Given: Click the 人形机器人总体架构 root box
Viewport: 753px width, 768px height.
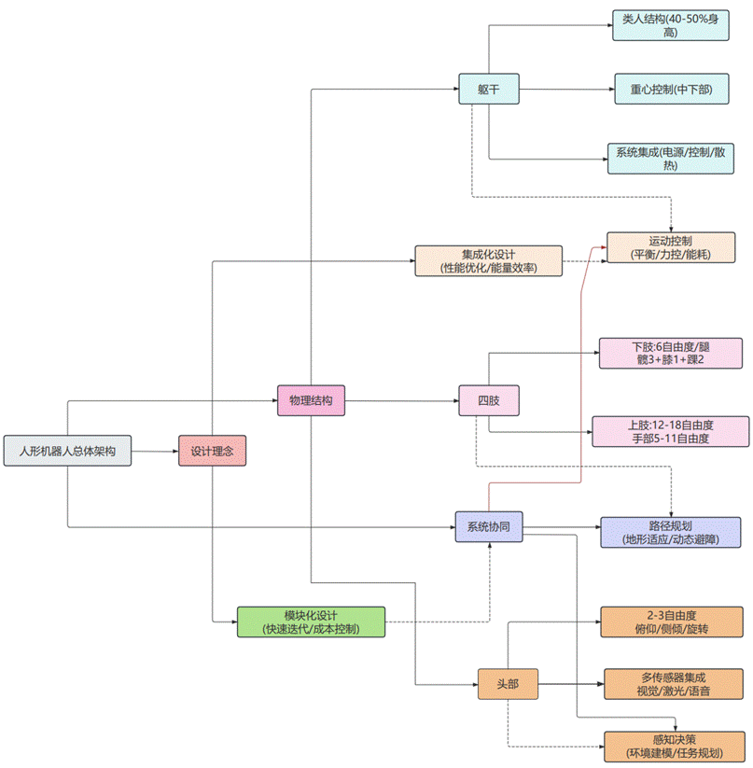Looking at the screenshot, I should point(67,451).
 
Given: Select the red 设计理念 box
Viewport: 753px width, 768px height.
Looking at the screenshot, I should point(212,452).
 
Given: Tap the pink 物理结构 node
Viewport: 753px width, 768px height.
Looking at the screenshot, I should point(311,401).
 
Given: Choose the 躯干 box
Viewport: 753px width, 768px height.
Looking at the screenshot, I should point(488,90).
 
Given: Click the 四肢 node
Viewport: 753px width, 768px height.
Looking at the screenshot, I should point(488,401).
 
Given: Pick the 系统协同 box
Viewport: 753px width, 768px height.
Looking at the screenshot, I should point(488,527).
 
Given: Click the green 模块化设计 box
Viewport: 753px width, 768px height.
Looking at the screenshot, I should point(311,621).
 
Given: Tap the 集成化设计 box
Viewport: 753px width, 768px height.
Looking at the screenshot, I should point(489,261).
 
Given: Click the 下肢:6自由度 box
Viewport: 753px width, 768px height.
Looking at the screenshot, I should point(670,353).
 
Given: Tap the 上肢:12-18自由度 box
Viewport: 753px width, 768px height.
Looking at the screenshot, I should point(670,431).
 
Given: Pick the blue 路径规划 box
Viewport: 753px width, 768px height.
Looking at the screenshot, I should point(671,532).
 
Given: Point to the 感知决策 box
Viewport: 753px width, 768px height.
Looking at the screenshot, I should point(675,746).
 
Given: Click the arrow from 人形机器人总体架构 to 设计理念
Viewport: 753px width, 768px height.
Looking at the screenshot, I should point(154,452).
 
